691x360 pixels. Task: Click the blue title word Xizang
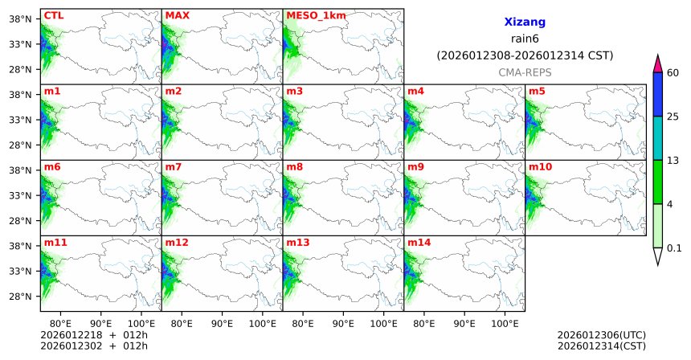[x=525, y=23]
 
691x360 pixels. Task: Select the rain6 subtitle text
[x=525, y=39]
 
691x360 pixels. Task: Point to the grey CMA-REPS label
[x=525, y=72]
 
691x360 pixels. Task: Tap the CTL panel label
[x=54, y=15]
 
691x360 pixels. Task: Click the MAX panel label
[x=177, y=15]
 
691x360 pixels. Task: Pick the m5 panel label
[x=537, y=91]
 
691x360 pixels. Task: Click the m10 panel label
[x=540, y=166]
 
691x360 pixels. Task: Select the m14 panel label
[x=419, y=242]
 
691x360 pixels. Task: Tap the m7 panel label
[x=174, y=166]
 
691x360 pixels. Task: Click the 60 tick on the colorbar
[x=674, y=73]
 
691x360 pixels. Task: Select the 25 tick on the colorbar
[x=674, y=117]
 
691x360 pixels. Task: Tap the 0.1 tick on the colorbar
[x=675, y=247]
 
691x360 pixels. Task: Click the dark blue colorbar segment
[x=658, y=95]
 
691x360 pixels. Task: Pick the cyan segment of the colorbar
[x=658, y=138]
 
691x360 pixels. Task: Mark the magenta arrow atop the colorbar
[x=658, y=63]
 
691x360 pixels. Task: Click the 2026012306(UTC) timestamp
[x=601, y=334]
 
